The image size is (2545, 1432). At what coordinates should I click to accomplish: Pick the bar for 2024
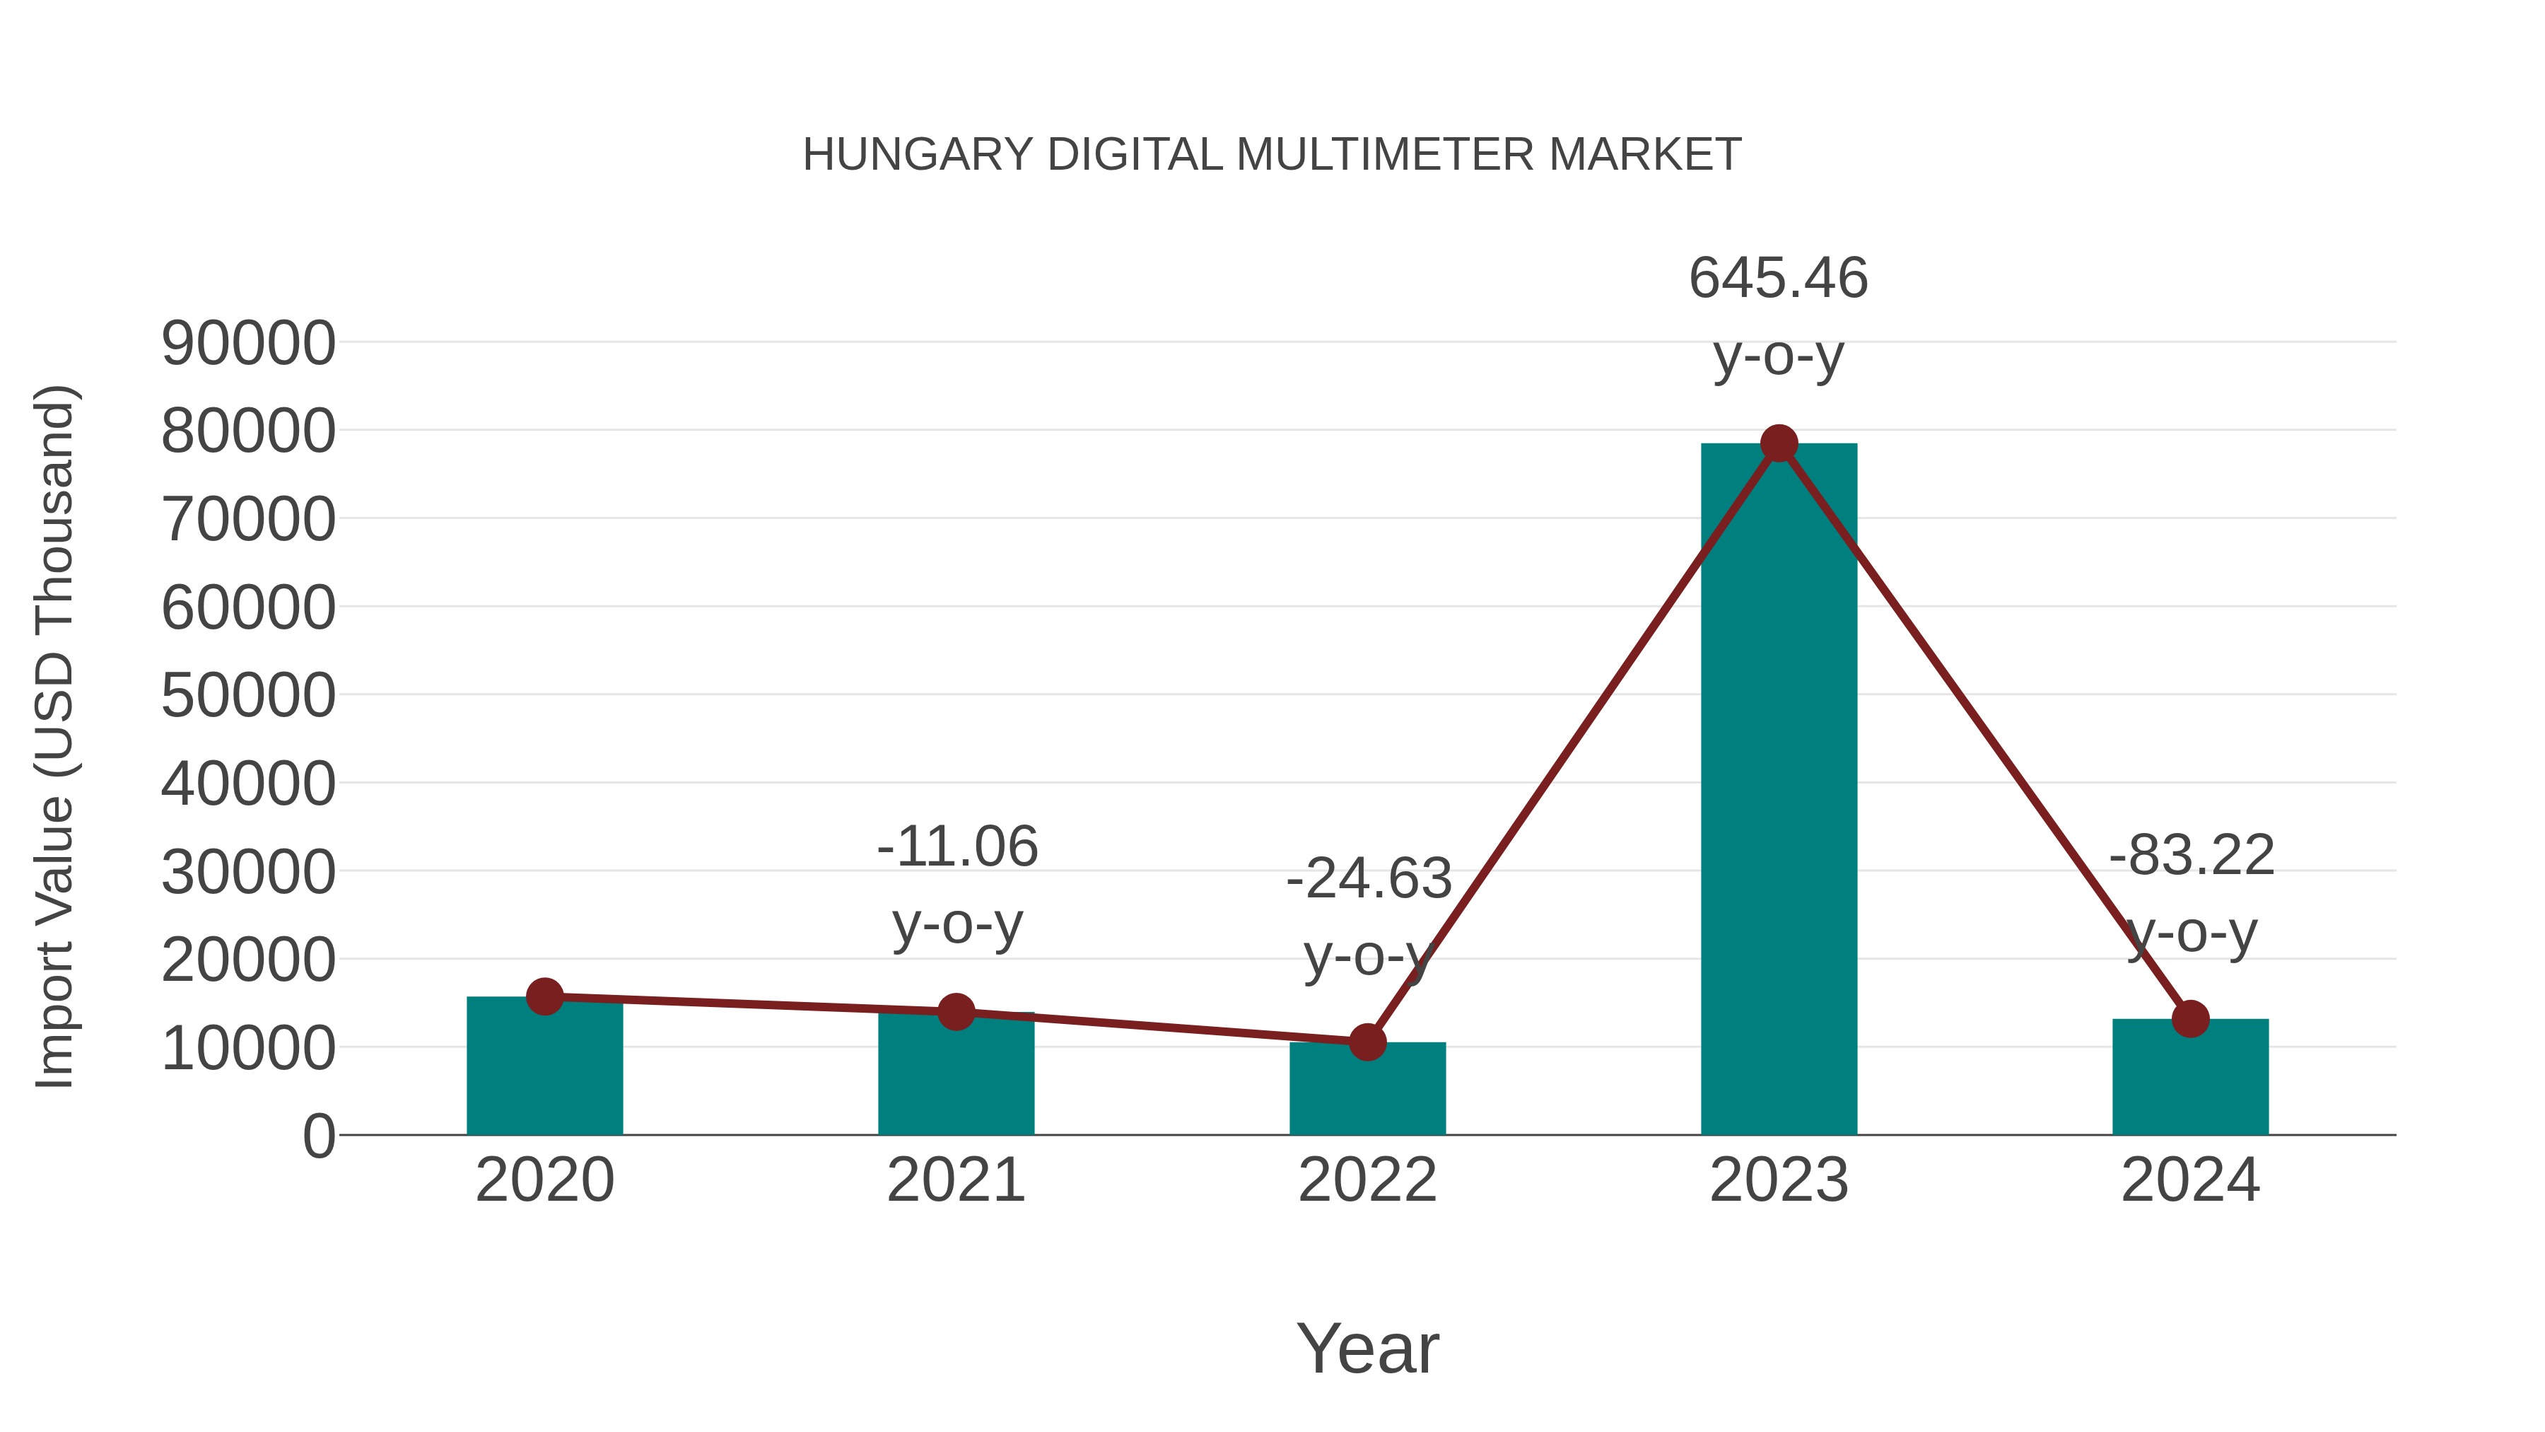point(2190,1076)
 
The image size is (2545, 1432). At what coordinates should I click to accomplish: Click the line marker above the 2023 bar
point(1779,443)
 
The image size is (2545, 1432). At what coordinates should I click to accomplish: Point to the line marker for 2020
point(544,996)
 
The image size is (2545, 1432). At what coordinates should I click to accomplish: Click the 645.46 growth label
point(1779,278)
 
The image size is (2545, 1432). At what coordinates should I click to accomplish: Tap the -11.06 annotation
point(957,847)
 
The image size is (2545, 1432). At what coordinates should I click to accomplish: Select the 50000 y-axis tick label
point(248,696)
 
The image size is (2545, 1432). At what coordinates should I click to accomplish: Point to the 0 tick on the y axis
point(318,1136)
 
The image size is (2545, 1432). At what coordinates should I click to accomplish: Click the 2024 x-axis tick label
point(2190,1180)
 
